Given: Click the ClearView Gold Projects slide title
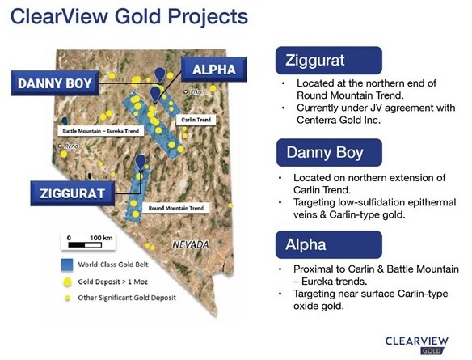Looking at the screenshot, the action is (129, 16).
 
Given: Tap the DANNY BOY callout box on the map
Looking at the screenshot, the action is (55, 83).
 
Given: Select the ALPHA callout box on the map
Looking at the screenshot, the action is (213, 70).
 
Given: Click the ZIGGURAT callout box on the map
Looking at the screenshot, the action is (72, 193).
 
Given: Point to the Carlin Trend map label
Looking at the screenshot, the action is (196, 120).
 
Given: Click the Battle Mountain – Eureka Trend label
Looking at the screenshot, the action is (100, 131).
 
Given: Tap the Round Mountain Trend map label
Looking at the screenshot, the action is (176, 208).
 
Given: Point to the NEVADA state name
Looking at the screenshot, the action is (191, 244).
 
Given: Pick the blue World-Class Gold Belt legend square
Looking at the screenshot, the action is (67, 265).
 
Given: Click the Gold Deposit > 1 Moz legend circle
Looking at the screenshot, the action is (67, 282).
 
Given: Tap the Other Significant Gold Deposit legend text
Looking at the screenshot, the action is (127, 298).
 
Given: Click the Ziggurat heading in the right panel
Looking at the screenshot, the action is (315, 60).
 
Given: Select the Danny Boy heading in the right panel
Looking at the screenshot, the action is (325, 152).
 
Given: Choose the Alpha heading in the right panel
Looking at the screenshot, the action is (306, 244).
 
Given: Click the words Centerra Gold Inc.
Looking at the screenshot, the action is (339, 121).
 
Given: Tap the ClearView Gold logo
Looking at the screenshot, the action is (417, 345).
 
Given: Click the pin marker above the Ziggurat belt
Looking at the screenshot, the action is (141, 162).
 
